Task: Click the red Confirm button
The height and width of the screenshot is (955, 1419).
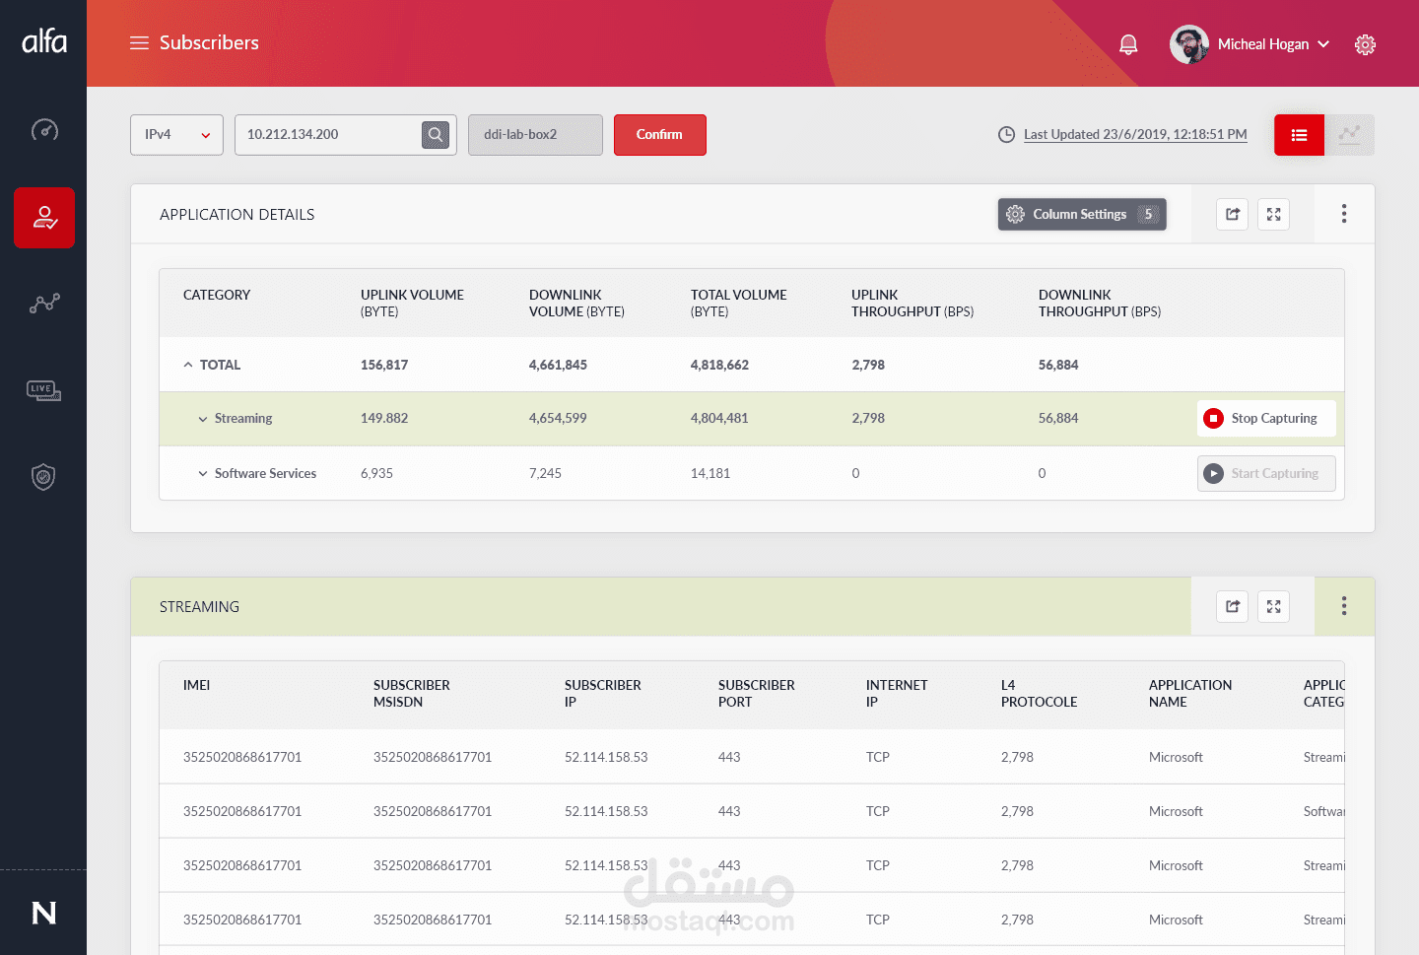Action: [659, 135]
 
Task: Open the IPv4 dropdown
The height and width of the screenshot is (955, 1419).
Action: [176, 135]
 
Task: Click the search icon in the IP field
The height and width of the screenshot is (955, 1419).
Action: [436, 135]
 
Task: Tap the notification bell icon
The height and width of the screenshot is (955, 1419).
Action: [1128, 44]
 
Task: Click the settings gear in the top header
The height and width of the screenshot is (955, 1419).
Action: [1365, 44]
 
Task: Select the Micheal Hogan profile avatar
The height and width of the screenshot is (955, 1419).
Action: [1189, 44]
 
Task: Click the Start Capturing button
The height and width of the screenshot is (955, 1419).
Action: [1266, 473]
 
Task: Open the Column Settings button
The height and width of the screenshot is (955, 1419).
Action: [1081, 214]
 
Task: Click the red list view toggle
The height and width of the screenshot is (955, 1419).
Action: [1299, 135]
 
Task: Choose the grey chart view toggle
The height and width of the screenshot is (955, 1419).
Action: [1349, 135]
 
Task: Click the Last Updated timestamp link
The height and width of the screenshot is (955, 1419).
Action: [1134, 134]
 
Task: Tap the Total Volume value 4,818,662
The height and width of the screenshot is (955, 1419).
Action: [719, 365]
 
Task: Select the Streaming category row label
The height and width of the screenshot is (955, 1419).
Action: [242, 418]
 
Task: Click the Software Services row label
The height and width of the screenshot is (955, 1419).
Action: [265, 473]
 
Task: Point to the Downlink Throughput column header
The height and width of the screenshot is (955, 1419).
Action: [1099, 303]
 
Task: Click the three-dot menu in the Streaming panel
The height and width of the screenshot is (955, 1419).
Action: [1343, 606]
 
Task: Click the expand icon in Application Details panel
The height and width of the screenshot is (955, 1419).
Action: [1273, 214]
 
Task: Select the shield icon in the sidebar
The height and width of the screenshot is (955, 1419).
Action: [43, 477]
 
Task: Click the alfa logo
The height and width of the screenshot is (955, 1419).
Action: [44, 41]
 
